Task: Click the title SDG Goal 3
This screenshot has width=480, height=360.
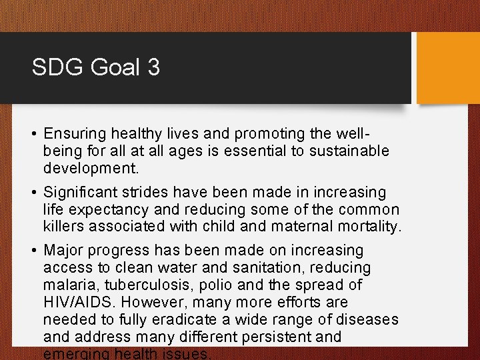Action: tap(95, 67)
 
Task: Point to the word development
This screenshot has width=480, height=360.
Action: tap(91, 167)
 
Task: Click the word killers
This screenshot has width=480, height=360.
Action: tap(63, 227)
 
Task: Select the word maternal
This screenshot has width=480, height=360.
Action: tap(301, 227)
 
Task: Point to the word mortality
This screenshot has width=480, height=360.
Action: tap(369, 227)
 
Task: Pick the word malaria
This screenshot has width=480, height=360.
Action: tap(68, 285)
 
